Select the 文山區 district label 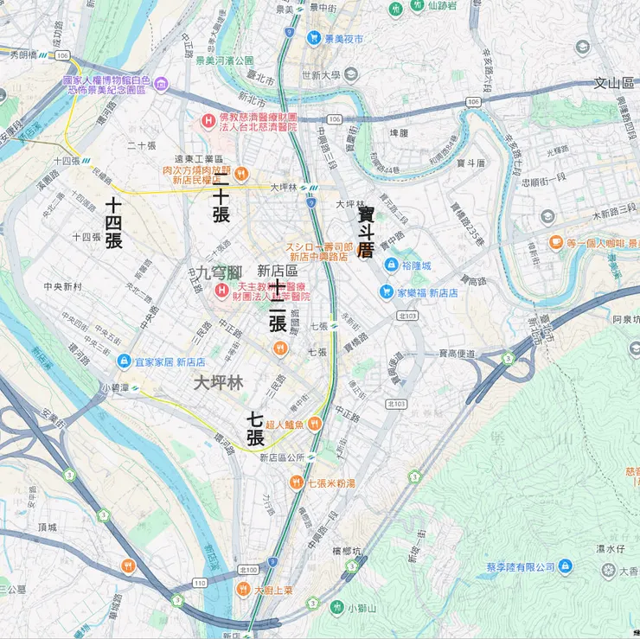(x=614, y=83)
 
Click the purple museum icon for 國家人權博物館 (x=161, y=83)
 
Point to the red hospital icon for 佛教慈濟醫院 (x=208, y=120)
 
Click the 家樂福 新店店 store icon (x=386, y=292)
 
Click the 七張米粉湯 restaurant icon (x=297, y=482)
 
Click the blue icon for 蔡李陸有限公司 (x=565, y=566)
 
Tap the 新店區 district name (x=278, y=271)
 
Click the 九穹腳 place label (x=219, y=272)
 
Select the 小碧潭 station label (x=114, y=387)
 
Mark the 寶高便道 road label (x=458, y=353)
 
